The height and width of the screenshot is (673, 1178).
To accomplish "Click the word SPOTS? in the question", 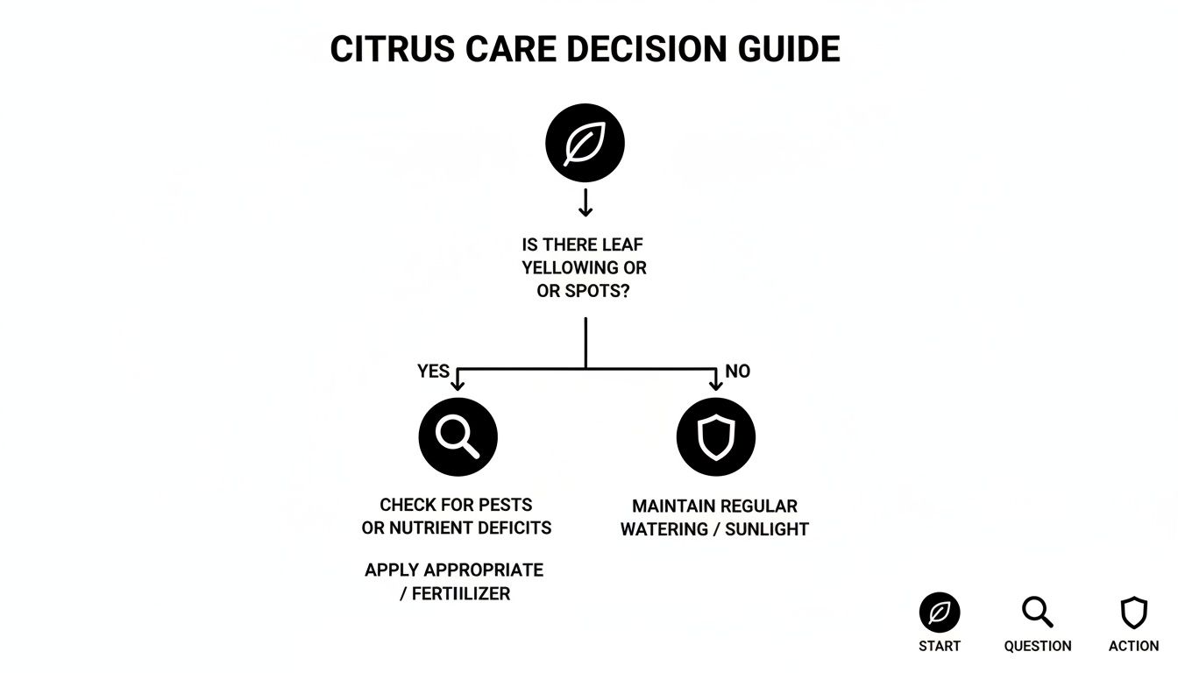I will pos(599,291).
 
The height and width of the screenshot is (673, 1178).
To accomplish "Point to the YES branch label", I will pos(433,372).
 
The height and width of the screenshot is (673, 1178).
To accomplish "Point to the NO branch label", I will pos(738,372).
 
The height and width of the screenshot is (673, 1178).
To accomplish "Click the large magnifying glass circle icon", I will pos(458,436).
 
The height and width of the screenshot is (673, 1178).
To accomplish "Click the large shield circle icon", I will pos(715,436).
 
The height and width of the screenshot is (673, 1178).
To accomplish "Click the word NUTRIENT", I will pos(418,528).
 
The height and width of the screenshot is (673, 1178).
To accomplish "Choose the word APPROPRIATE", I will pos(486,570).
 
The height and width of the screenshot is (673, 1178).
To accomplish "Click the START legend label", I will pos(940,646).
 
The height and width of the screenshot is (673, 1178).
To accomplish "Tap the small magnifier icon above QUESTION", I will pos(1037,613).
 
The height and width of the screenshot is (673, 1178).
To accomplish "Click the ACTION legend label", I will pos(1133,646).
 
